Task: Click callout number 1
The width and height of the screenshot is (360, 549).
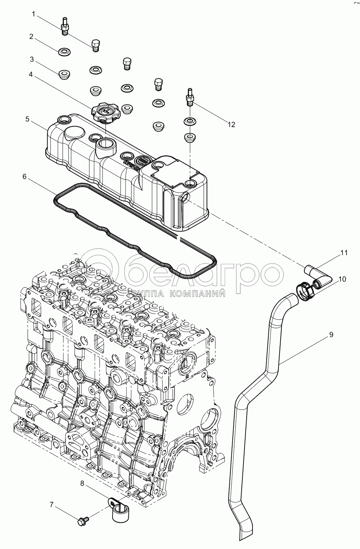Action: pos(34,14)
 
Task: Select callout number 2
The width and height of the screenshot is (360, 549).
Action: pos(31,36)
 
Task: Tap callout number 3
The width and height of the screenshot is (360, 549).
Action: pos(32,59)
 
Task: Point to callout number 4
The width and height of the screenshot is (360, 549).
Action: pos(31,75)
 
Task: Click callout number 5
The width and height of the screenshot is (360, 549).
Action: pos(28,119)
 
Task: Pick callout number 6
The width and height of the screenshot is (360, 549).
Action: pos(24,176)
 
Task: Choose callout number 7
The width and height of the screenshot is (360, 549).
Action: pos(52,505)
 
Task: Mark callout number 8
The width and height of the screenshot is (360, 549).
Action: pos(82,483)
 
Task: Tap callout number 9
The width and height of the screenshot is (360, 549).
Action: pos(331,335)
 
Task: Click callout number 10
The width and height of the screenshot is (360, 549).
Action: pos(342,279)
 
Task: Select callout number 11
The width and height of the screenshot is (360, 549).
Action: pos(344,253)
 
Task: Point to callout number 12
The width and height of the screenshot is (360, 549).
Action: pos(231,124)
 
